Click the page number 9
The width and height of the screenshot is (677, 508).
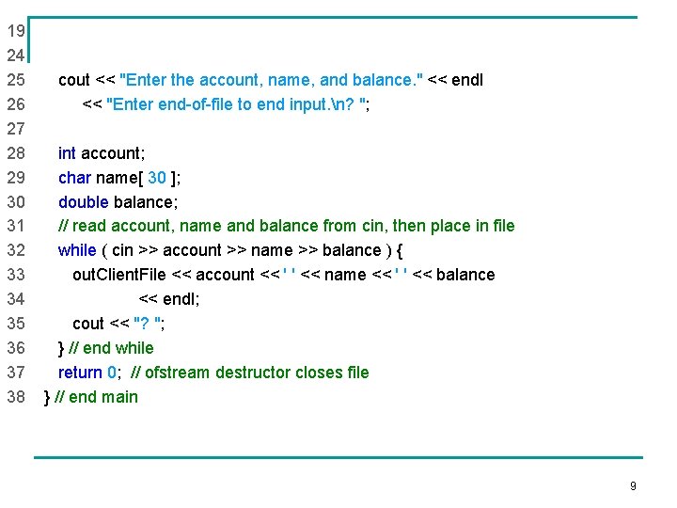point(633,486)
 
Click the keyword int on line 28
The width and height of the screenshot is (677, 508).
point(67,152)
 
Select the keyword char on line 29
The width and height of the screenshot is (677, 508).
point(75,177)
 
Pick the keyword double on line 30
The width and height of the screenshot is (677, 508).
point(84,201)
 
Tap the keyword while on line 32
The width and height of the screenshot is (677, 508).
point(77,250)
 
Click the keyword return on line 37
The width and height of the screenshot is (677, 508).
point(80,373)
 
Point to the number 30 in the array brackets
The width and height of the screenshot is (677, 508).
point(157,177)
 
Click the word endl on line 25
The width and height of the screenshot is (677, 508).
point(467,80)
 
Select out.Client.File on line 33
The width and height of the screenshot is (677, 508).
point(118,275)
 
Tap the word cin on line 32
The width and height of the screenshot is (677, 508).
point(123,250)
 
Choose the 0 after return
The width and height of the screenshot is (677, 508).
point(112,373)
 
